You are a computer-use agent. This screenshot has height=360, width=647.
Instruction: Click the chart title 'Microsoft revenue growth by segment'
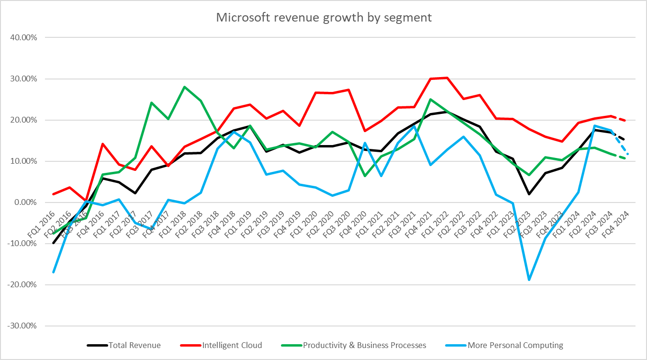[323, 18]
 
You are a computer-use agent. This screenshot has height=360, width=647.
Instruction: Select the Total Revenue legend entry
[124, 345]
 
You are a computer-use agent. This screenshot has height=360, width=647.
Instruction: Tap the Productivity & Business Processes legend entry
[354, 345]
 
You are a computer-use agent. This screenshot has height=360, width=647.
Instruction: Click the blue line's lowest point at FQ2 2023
[529, 280]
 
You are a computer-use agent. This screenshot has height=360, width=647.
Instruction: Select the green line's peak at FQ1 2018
[184, 87]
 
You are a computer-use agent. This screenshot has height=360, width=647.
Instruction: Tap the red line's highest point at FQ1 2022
[446, 78]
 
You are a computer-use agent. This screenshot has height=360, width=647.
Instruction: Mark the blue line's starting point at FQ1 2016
[53, 272]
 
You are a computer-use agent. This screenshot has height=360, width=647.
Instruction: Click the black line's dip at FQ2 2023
[529, 194]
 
